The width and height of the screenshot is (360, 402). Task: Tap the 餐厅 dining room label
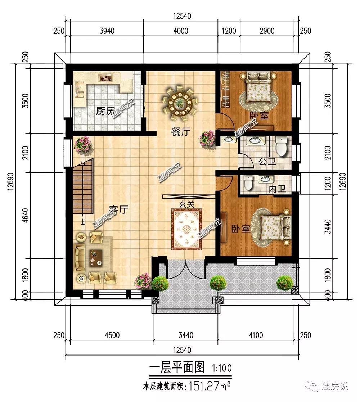point(181,132)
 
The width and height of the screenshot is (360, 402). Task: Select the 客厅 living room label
point(118,209)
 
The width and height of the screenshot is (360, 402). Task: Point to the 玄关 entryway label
point(186,204)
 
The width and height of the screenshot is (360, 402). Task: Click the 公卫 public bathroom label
point(267,162)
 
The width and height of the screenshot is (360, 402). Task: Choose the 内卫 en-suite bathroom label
point(278,189)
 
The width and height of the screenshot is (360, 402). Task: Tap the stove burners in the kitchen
point(106,78)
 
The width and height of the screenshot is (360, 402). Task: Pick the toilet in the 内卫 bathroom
point(248,182)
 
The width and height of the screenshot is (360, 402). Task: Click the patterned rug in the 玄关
point(186,229)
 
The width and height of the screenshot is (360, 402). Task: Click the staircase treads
point(82,188)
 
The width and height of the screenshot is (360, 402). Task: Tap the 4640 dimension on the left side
point(26,215)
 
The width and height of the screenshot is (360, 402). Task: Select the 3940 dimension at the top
point(107,31)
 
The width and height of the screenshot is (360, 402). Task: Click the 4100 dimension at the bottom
point(256,335)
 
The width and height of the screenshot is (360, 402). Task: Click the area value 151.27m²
point(209,386)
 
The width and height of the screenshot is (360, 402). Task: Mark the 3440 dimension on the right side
point(328,227)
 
